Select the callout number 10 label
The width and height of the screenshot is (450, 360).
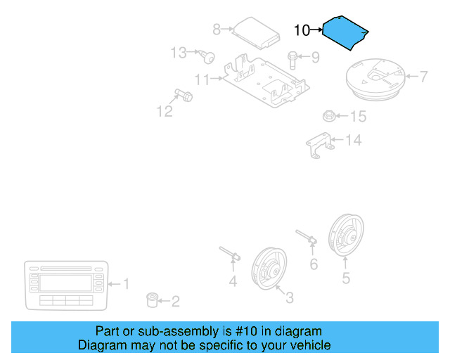click(301, 30)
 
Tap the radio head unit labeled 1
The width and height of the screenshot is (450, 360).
click(65, 285)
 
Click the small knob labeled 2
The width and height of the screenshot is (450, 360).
click(150, 301)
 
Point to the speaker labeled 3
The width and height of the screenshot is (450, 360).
click(269, 267)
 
